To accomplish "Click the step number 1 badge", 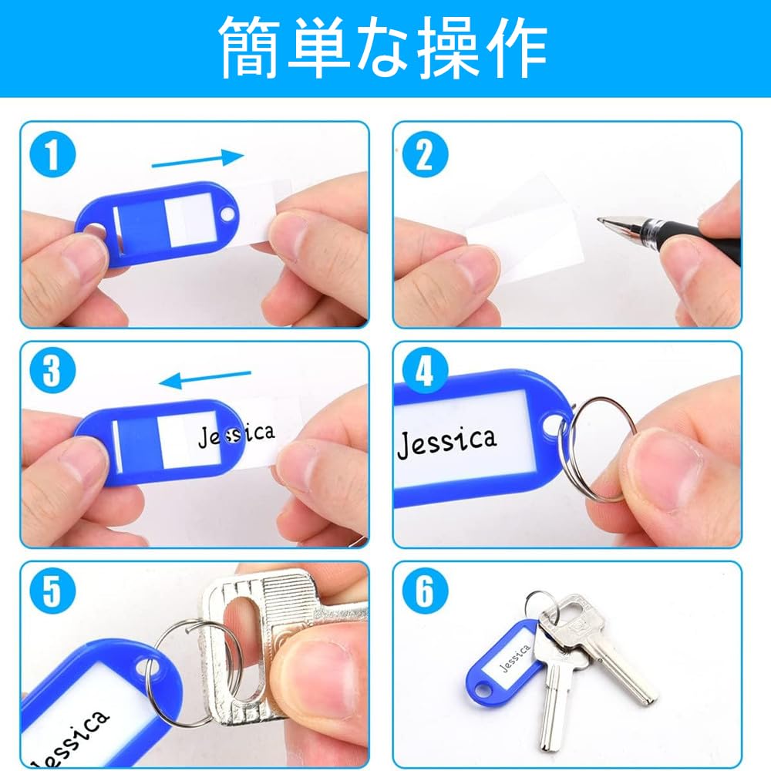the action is tap(52, 154).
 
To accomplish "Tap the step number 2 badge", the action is tap(426, 154).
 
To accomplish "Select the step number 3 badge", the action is tap(52, 370).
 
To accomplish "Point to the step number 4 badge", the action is tap(426, 370).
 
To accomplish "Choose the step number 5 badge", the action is tap(52, 591).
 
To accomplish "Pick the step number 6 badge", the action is tap(426, 591).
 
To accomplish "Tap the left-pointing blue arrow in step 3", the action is tap(205, 379).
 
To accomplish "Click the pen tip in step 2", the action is tap(601, 221).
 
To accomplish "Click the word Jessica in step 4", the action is tap(446, 442).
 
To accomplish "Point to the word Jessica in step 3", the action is tap(236, 435).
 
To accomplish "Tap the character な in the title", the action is tap(383, 48).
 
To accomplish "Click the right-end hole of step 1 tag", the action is tap(228, 214).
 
